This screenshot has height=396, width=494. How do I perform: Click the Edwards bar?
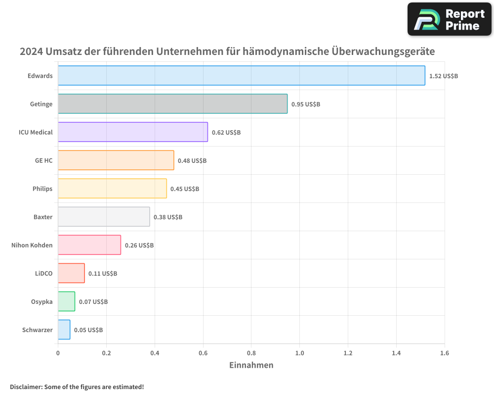click(x=241, y=76)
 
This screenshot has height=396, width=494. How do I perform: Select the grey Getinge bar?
click(x=172, y=104)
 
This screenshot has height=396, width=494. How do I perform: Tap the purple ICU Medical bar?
click(x=132, y=132)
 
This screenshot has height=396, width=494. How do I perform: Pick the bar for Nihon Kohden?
click(x=89, y=245)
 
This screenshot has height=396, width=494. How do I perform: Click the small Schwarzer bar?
click(x=64, y=330)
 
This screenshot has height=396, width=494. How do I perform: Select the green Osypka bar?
click(x=66, y=301)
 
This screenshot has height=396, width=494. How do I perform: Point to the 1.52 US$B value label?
click(x=443, y=76)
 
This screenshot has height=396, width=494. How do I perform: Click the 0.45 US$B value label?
click(x=185, y=189)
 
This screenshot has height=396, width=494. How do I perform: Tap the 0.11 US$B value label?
click(x=103, y=274)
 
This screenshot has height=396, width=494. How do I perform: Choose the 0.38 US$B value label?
click(x=168, y=217)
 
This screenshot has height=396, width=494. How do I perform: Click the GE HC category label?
click(x=43, y=160)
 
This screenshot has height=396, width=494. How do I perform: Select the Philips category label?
click(x=42, y=189)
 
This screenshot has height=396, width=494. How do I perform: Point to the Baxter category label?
click(x=43, y=217)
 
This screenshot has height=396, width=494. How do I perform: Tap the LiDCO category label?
click(x=43, y=273)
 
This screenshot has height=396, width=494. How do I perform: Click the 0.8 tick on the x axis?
click(x=251, y=353)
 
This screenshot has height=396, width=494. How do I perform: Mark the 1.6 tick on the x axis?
click(x=444, y=353)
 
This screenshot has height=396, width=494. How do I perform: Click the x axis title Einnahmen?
click(x=251, y=365)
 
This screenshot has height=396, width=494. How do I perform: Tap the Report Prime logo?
click(x=450, y=19)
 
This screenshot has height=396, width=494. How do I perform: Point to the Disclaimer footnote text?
click(x=77, y=387)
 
